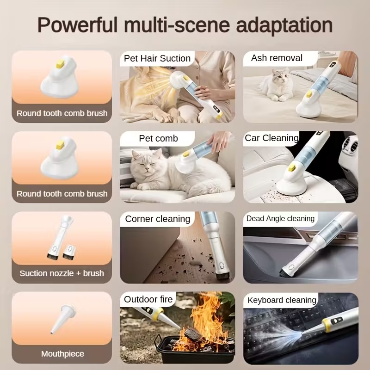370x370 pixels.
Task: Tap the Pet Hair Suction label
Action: (157, 58)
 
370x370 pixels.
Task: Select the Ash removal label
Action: (277, 58)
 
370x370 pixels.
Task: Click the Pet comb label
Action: (158, 138)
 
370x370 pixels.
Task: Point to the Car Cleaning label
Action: (271, 138)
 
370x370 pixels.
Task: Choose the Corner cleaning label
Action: (157, 219)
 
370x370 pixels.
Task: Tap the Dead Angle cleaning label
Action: (280, 218)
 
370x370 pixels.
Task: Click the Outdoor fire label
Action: (148, 299)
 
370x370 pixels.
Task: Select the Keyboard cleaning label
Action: (282, 300)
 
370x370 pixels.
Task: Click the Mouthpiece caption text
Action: (62, 354)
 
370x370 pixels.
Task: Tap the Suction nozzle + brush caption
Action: (62, 273)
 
